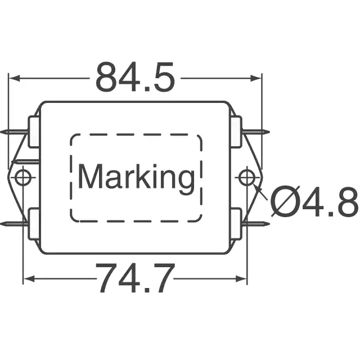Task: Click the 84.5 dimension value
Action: click(136, 76)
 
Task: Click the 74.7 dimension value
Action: click(136, 278)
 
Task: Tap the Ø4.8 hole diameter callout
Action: click(314, 201)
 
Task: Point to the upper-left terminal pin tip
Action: click(1, 132)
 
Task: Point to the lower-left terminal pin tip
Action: click(1, 224)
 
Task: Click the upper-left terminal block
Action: click(34, 132)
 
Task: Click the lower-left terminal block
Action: click(34, 224)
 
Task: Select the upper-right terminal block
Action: click(236, 132)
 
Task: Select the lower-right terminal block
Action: click(236, 224)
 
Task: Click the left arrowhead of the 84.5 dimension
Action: click(13, 78)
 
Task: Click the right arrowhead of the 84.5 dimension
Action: click(256, 78)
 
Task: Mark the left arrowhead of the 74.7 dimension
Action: click(29, 279)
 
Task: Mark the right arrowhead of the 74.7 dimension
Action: click(241, 279)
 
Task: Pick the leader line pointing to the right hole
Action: click(260, 192)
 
